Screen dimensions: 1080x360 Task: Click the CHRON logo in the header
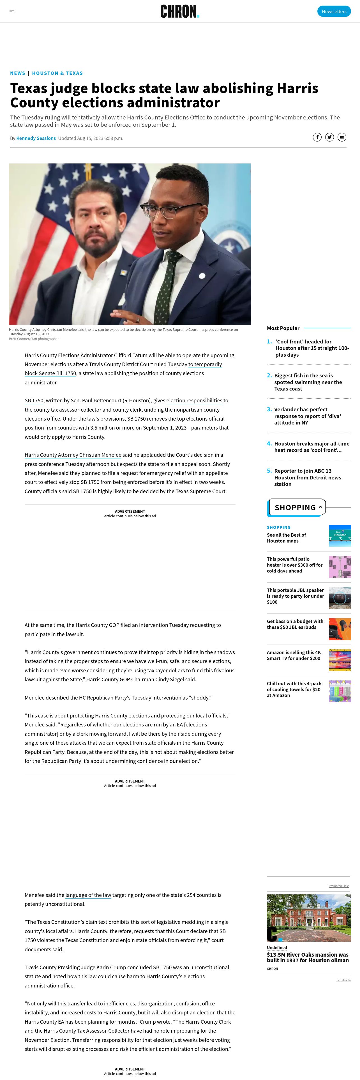[x=179, y=11]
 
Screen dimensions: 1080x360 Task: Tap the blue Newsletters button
[x=334, y=11]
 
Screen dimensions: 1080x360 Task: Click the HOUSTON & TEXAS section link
[x=57, y=73]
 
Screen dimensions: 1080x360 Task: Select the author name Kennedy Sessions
[x=36, y=138]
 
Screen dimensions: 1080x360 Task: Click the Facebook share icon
[x=317, y=137]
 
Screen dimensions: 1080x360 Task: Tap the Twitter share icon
[x=330, y=137]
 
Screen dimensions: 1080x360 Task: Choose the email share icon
[x=342, y=137]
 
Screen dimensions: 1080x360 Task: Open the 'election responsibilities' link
[x=194, y=400]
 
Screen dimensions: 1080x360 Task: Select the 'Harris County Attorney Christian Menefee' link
[x=73, y=455]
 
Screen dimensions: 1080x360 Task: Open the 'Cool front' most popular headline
[x=312, y=348]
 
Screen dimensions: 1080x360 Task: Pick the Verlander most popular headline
[x=308, y=416]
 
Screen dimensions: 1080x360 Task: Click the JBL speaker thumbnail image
[x=340, y=598]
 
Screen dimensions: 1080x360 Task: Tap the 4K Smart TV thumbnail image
[x=340, y=660]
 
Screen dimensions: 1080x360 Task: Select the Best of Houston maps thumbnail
[x=340, y=536]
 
